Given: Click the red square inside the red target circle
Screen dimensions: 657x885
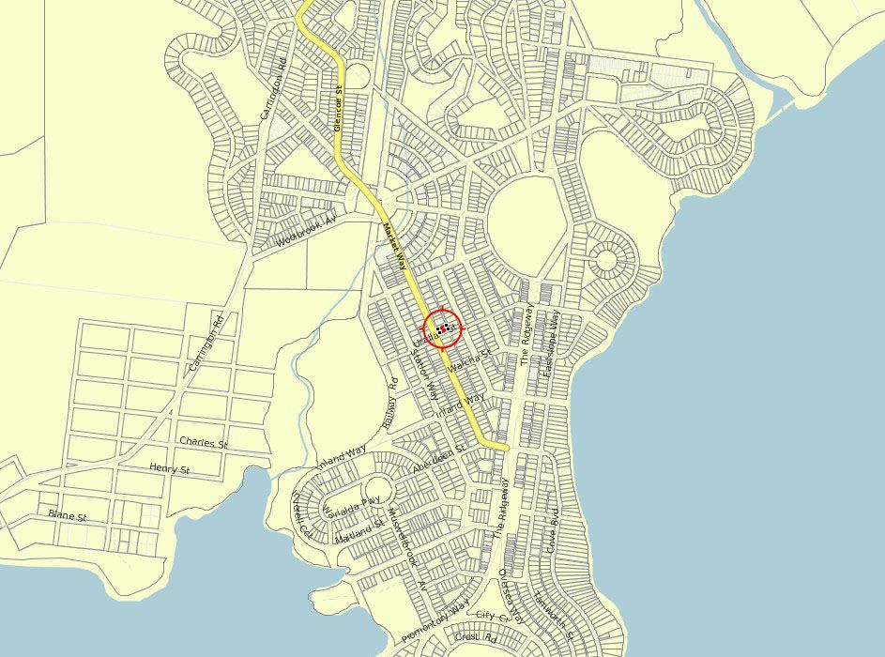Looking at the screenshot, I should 443,328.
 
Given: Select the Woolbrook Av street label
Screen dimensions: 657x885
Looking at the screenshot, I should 306,231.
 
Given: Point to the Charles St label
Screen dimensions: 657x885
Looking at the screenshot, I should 204,441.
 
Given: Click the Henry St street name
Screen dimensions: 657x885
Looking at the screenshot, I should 170,467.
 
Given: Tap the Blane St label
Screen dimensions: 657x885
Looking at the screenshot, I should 68,516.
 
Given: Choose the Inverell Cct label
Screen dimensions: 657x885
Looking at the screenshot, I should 303,514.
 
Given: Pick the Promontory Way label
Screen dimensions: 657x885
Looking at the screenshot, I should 435,623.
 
